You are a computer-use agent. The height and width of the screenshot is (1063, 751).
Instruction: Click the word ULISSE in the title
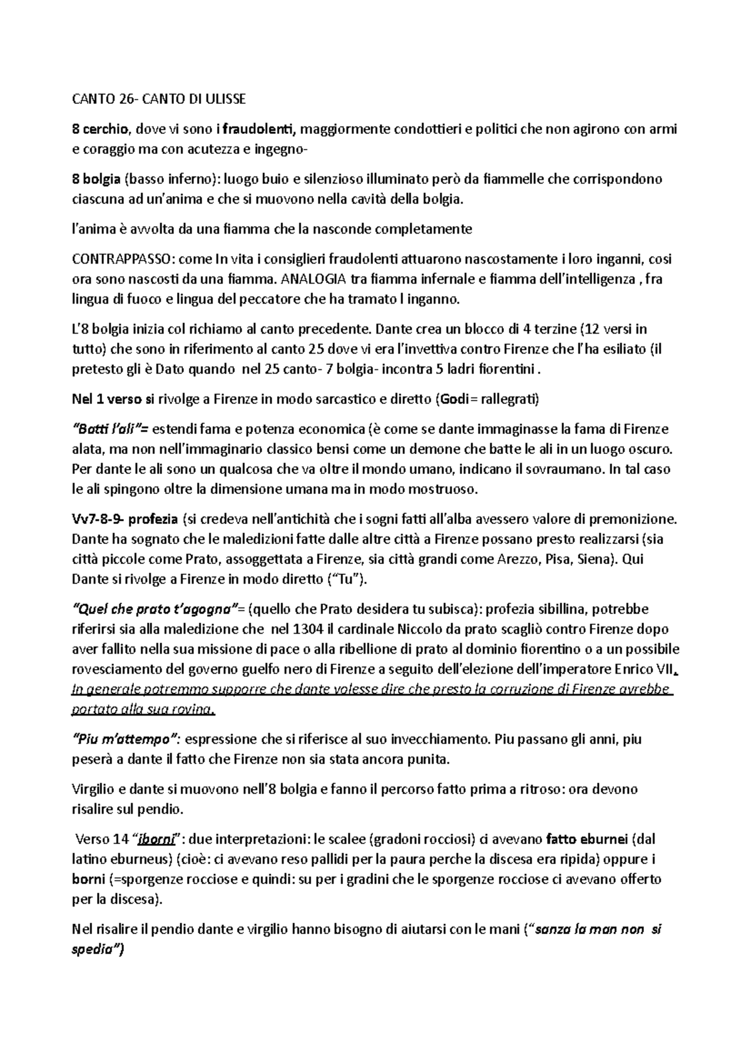pyautogui.click(x=222, y=99)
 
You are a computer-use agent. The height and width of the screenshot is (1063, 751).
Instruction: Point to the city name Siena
pyautogui.click(x=591, y=559)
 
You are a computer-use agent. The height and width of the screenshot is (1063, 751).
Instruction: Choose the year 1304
pyautogui.click(x=309, y=629)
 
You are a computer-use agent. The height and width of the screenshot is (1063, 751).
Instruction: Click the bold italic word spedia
pyautogui.click(x=97, y=950)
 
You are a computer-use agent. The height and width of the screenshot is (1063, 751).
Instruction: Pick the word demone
pyautogui.click(x=400, y=449)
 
